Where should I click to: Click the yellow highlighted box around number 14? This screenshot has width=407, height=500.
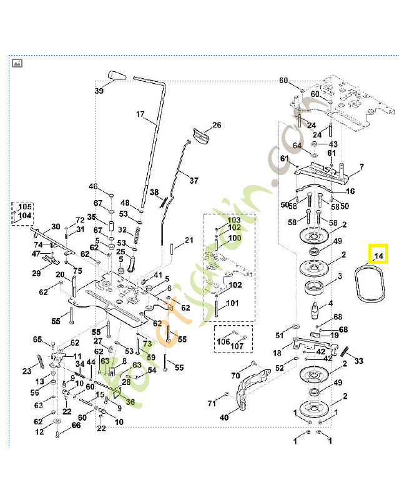(x=378, y=254)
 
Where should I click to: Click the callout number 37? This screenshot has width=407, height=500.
(x=194, y=181)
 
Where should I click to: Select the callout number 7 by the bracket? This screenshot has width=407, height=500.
(x=361, y=167)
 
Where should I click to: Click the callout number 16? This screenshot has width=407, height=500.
(x=350, y=191)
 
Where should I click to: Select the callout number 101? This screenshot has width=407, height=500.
(x=232, y=304)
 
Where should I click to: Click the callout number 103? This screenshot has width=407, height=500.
(x=233, y=221)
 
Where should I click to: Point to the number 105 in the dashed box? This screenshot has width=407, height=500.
(x=24, y=207)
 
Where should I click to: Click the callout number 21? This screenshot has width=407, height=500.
(x=189, y=241)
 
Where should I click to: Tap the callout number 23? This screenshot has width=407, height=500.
(x=27, y=371)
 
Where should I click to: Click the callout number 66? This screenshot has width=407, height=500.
(x=76, y=426)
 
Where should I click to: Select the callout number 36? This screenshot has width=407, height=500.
(x=130, y=402)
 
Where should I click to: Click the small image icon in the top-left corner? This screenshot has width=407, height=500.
(x=17, y=62)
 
